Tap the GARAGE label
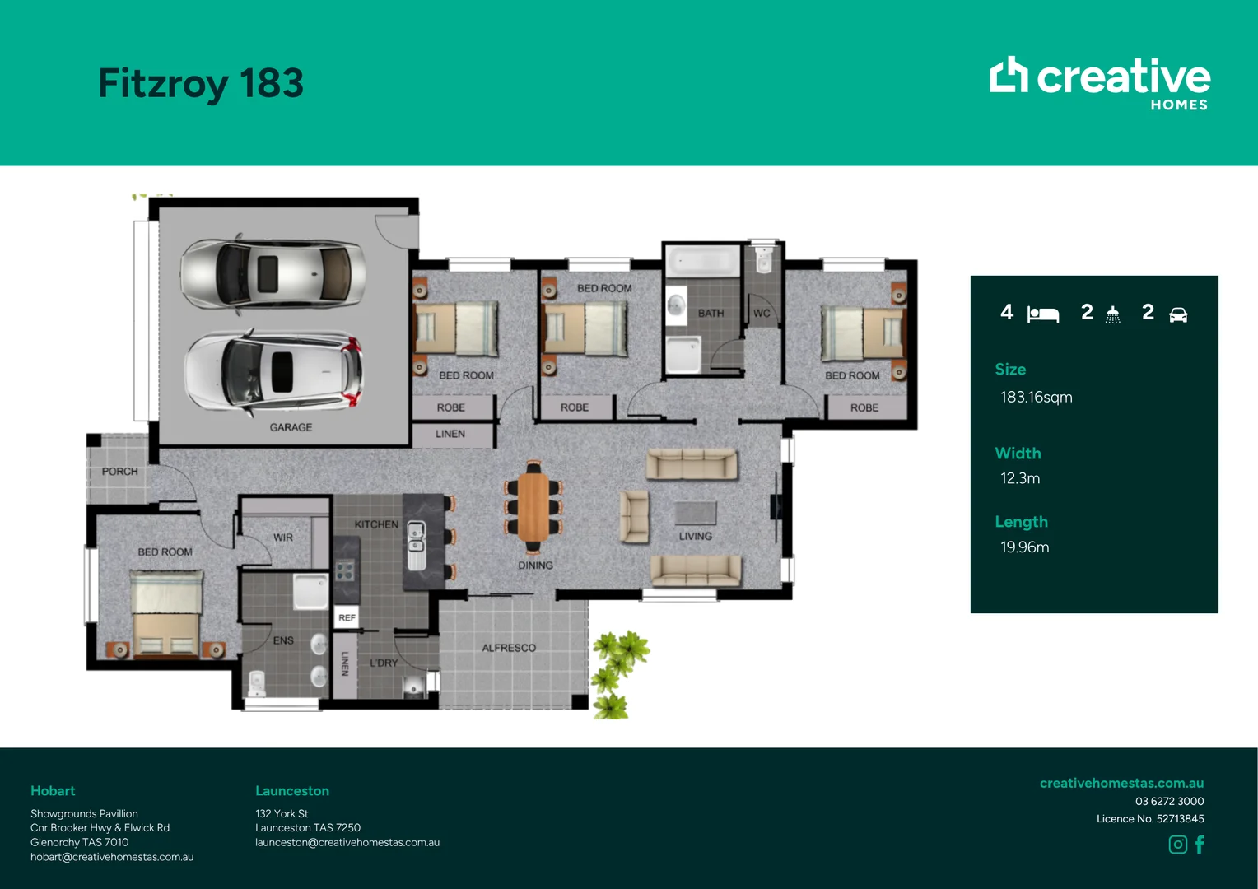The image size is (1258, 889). point(291,427)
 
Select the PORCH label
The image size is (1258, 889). point(119,471)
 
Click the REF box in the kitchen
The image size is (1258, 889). point(347,617)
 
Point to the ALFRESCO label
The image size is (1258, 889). point(509,648)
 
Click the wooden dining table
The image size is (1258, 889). point(533,507)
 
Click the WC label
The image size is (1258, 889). point(762,313)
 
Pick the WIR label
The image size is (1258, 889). point(283,538)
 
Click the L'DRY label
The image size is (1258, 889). point(384,663)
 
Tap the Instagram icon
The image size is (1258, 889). point(1177,844)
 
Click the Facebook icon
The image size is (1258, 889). point(1200,844)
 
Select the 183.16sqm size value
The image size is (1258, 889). point(1037,397)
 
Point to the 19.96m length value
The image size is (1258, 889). point(1024,547)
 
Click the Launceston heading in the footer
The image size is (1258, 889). point(292,791)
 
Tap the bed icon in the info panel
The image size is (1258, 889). point(1043,314)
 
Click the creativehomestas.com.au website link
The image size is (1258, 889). point(1121,783)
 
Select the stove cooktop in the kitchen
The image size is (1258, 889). point(345,570)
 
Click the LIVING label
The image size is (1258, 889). point(695,537)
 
